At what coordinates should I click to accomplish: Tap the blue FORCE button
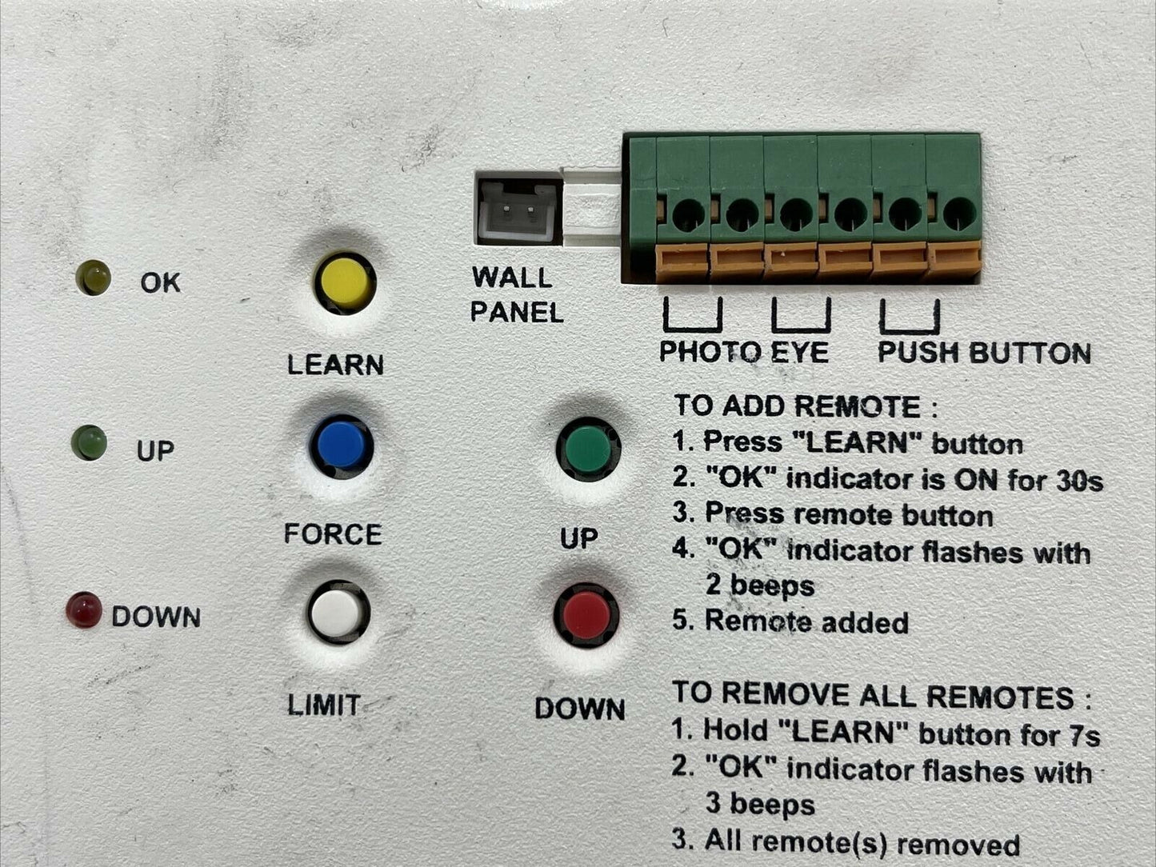(x=342, y=445)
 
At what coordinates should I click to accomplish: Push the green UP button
(x=588, y=449)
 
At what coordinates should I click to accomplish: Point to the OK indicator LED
(x=94, y=278)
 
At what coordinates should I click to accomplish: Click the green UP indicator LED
(x=89, y=443)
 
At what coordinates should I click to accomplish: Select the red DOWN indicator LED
(x=84, y=610)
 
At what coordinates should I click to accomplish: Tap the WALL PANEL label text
(x=516, y=294)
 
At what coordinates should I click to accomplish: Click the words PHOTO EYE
(x=744, y=351)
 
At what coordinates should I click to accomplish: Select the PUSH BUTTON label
(x=984, y=352)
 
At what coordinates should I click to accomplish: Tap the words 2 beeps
(x=759, y=586)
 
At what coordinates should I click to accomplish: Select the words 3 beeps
(x=759, y=805)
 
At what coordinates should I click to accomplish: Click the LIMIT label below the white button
(x=323, y=705)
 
